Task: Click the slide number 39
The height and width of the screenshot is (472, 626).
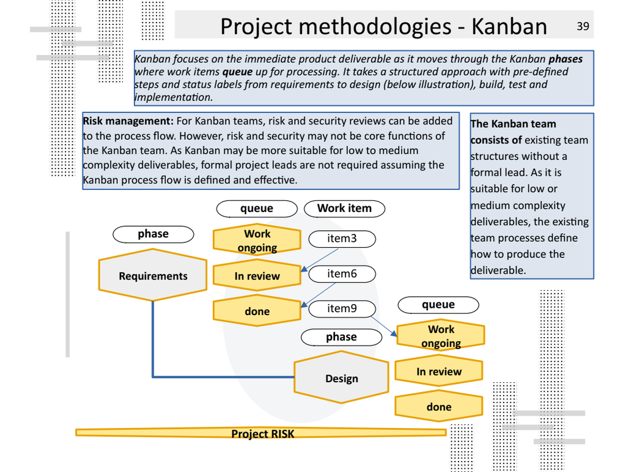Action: point(583,26)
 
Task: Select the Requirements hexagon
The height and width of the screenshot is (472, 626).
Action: point(153,275)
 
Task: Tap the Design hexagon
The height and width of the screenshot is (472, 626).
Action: point(341,378)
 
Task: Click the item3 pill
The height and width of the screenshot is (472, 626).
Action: point(342,239)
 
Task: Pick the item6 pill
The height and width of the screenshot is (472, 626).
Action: point(342,274)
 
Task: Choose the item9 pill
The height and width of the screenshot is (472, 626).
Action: point(342,309)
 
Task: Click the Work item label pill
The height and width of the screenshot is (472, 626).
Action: point(344,208)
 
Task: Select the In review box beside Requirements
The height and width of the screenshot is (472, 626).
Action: point(257,276)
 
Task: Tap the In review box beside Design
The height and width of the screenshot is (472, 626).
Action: point(439,371)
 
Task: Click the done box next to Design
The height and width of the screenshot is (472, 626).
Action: point(439,407)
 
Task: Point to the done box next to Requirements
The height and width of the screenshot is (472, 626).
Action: point(257,311)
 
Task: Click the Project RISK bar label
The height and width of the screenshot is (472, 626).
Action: point(262,434)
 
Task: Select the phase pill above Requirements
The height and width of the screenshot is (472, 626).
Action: point(153,234)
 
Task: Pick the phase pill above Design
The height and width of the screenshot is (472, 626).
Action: point(341,336)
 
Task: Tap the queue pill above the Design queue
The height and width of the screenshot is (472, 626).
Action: point(438,305)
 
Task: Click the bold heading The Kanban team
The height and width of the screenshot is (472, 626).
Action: point(513,124)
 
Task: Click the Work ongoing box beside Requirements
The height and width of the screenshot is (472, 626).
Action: point(257,241)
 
